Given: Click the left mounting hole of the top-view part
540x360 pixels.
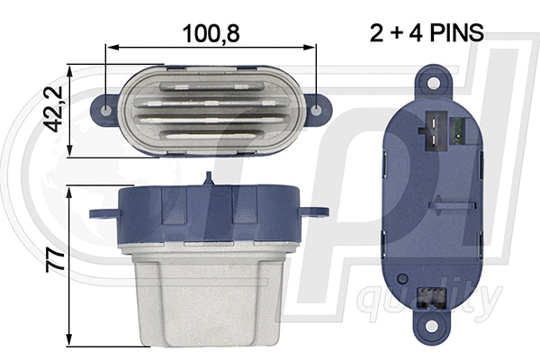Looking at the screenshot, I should click(x=109, y=111).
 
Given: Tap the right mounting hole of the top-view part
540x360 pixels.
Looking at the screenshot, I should click(x=316, y=111).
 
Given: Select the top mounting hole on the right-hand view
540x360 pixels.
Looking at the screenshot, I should click(x=435, y=83).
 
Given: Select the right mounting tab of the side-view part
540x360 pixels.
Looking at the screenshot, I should click(x=314, y=212).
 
